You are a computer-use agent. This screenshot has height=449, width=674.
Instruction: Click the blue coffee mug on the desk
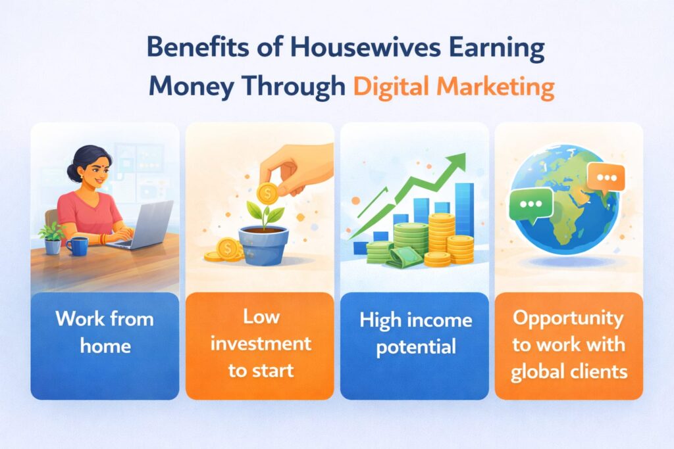coord(77,246)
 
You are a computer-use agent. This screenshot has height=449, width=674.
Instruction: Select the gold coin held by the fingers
coord(267,193)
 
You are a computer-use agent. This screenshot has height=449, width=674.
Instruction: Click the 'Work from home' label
coord(104,332)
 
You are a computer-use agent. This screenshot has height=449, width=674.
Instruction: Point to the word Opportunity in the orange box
coord(568,319)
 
